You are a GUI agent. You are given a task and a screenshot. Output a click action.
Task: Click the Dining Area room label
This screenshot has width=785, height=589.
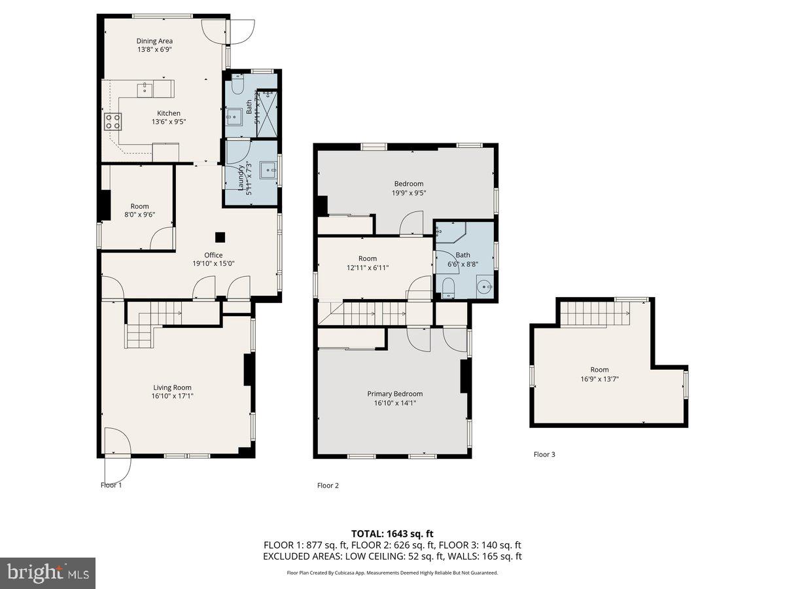point(154,41)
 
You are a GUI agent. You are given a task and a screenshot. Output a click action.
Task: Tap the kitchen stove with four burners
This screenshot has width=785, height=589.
point(113,120)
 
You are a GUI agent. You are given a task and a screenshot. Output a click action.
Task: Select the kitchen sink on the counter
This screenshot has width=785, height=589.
point(144,89)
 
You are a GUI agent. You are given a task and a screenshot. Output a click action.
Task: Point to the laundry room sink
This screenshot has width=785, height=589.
point(268,171)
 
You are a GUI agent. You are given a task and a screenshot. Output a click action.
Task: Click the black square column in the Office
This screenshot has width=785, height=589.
point(221,237)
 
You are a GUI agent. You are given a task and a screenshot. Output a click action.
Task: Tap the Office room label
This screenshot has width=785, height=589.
point(213,255)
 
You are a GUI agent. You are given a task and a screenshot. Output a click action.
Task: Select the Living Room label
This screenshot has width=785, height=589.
point(173,387)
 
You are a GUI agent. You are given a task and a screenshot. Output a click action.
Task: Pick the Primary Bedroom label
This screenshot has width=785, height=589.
point(394,394)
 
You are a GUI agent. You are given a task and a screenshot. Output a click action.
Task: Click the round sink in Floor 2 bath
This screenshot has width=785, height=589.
point(483,285)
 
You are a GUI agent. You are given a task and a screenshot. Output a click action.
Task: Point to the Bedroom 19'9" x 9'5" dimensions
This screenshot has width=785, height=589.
point(408,193)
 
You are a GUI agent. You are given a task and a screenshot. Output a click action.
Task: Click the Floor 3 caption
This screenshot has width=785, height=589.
point(544,454)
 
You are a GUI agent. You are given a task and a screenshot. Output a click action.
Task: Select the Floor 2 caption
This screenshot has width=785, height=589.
point(328,486)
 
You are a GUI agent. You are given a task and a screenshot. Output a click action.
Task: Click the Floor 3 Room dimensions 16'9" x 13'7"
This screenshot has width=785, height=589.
point(599,378)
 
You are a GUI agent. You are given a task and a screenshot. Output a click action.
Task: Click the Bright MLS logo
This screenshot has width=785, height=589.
point(48,573)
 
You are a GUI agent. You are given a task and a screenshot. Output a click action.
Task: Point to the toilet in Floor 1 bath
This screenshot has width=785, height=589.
point(238,84)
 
